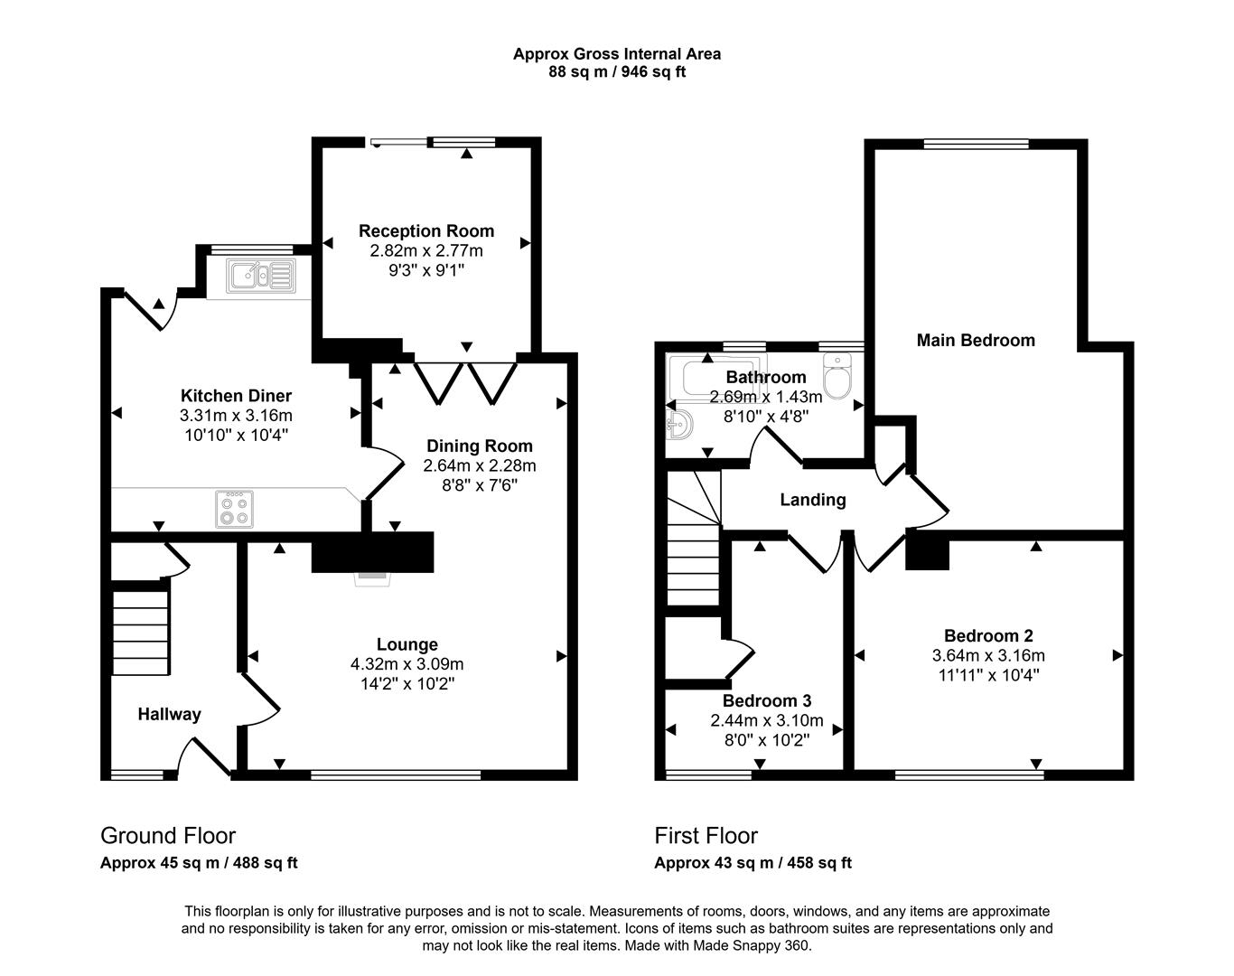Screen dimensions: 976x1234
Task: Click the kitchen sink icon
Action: (260, 275)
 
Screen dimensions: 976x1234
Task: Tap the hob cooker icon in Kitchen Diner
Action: (234, 509)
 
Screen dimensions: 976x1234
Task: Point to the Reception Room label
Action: (426, 230)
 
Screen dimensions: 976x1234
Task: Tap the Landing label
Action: (813, 499)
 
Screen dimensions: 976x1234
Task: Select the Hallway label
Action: (169, 714)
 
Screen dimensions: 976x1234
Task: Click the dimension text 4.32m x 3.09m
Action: (407, 664)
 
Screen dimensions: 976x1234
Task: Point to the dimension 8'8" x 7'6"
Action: (479, 485)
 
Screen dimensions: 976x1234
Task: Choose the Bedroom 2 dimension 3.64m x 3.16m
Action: (988, 655)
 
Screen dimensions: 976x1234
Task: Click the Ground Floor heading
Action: (168, 835)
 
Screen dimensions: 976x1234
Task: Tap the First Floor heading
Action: (706, 835)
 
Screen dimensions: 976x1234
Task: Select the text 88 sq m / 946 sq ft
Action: (617, 72)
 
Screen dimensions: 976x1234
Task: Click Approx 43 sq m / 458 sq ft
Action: (753, 862)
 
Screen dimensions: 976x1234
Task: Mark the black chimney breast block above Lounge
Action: (372, 551)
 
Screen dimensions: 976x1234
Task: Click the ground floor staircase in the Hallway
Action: (140, 633)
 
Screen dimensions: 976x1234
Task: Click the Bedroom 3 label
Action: (767, 700)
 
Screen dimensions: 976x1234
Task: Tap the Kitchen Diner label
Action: (236, 395)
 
